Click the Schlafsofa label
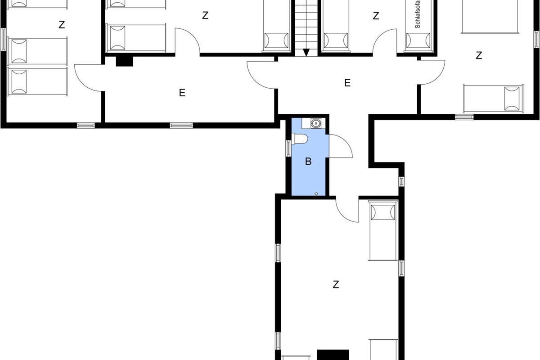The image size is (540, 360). pyautogui.click(x=418, y=14)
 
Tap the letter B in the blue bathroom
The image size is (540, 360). pyautogui.click(x=308, y=161)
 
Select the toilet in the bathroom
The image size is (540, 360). pyautogui.click(x=300, y=139)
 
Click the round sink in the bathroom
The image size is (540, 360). pyautogui.click(x=315, y=123)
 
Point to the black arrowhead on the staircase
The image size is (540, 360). pyautogui.click(x=306, y=52)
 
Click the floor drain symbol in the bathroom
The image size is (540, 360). pyautogui.click(x=316, y=193)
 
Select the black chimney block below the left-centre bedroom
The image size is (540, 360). pyautogui.click(x=124, y=61)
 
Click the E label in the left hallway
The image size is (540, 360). pyautogui.click(x=182, y=93)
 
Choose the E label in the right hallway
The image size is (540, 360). pyautogui.click(x=347, y=83)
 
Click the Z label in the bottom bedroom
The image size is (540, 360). pyautogui.click(x=336, y=284)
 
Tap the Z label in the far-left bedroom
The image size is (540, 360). pyautogui.click(x=62, y=25)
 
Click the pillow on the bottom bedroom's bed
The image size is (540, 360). pyautogui.click(x=383, y=212)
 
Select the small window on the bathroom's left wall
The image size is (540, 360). pyautogui.click(x=288, y=148)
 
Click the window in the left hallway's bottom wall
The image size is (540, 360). pyautogui.click(x=181, y=126)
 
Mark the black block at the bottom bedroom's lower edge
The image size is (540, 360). pyautogui.click(x=333, y=355)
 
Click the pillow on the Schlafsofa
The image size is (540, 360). pyautogui.click(x=418, y=40)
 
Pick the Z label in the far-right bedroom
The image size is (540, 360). pyautogui.click(x=479, y=55)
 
